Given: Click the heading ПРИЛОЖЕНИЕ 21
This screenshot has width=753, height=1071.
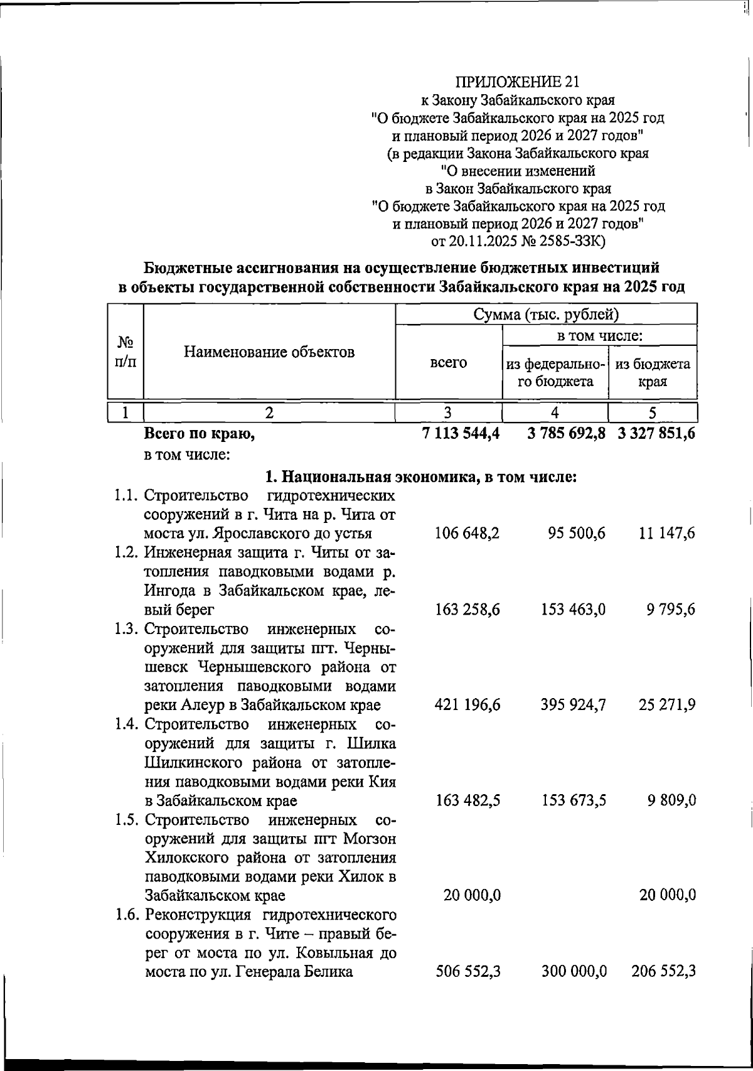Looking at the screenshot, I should (x=518, y=82).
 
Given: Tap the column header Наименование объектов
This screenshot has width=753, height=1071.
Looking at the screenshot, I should (x=269, y=352).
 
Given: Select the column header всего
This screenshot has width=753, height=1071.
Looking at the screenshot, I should (x=448, y=363).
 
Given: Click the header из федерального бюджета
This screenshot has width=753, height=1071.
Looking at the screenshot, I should (x=555, y=372).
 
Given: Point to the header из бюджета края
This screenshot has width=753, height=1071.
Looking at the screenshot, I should (x=653, y=372).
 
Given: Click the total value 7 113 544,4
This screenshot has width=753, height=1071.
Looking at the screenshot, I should (x=461, y=433).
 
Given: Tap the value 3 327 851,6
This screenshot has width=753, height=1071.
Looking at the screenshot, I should (x=656, y=433).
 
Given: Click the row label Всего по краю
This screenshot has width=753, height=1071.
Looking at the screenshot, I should (x=200, y=433).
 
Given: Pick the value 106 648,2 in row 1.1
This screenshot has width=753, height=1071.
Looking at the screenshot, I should (x=467, y=534).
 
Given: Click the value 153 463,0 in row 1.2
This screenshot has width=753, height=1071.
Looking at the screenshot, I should (x=573, y=610).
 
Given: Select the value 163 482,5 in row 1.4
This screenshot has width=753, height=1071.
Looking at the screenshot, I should (x=467, y=800).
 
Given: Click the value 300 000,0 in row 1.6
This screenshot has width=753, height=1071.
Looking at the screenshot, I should (x=574, y=972).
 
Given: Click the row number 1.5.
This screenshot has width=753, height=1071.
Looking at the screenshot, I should (x=127, y=820).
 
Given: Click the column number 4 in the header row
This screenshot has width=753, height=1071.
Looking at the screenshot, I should (x=555, y=412).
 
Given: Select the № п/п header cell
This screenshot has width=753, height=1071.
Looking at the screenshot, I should (x=125, y=352).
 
